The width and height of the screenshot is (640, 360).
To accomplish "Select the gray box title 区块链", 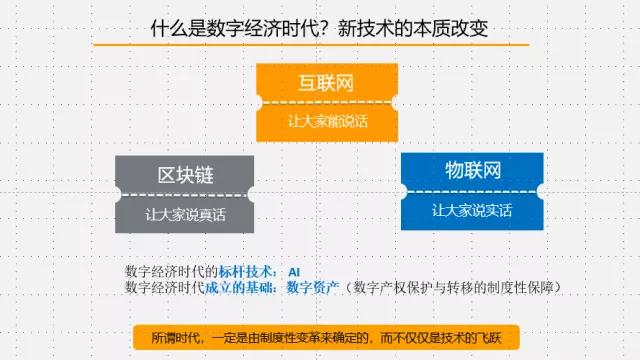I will [185, 174].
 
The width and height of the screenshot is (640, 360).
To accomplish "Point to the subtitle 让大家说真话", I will [185, 214].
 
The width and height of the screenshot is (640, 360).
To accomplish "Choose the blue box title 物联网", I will [472, 170].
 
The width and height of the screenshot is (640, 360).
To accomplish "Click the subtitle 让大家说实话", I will [472, 211].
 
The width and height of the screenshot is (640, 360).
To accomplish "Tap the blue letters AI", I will [294, 271].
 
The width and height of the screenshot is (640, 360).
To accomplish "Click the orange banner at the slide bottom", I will [325, 337].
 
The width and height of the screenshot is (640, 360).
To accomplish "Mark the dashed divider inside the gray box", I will [185, 194].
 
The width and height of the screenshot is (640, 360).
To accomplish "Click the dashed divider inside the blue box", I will [472, 191].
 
